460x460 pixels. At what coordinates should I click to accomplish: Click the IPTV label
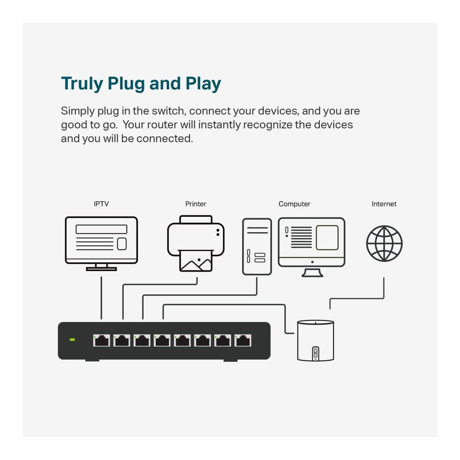[101, 204]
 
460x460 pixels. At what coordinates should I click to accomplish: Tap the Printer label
[196, 204]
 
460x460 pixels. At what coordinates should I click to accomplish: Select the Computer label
[294, 204]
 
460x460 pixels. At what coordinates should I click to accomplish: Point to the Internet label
[384, 204]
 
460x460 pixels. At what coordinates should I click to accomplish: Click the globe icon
[384, 244]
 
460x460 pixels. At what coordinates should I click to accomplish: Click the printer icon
[196, 244]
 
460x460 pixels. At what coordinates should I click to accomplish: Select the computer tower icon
[257, 247]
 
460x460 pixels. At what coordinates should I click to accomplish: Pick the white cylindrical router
[315, 340]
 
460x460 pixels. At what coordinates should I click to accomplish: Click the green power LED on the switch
[72, 340]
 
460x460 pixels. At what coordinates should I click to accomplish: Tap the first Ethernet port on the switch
[102, 340]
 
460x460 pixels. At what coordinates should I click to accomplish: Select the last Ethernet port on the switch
[243, 340]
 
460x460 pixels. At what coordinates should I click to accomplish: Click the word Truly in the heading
[82, 83]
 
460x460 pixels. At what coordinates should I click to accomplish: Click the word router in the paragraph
[162, 125]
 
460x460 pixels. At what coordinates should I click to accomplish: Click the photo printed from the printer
[196, 261]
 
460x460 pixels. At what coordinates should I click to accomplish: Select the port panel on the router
[316, 354]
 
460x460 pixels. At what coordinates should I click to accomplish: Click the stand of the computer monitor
[312, 272]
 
